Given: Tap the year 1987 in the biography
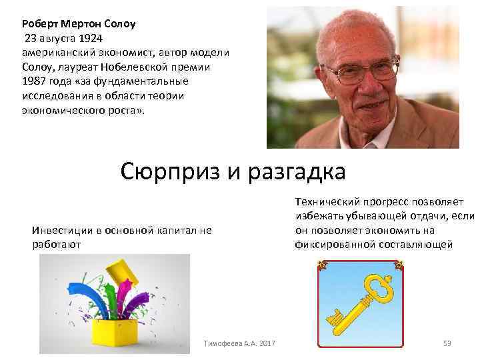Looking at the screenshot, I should [33, 81].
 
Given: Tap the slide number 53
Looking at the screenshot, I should [447, 343].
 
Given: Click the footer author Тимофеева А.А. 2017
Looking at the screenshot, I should [239, 343].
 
